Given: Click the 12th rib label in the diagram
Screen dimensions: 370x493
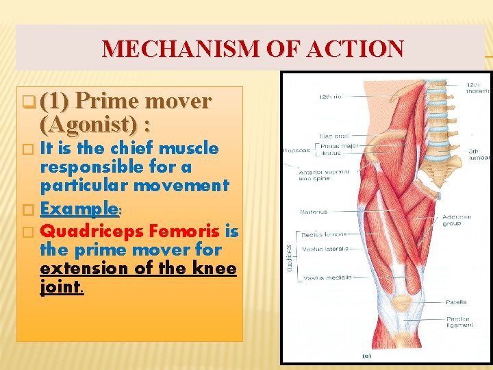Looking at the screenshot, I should (x=327, y=98).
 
